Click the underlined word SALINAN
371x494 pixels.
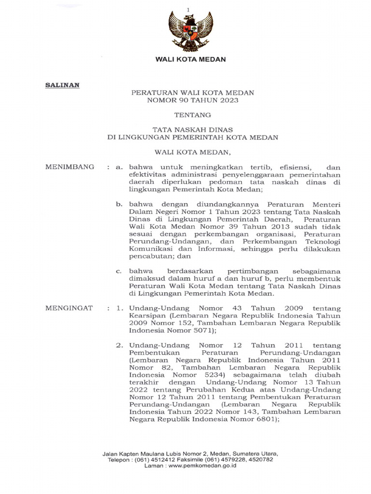[62, 85]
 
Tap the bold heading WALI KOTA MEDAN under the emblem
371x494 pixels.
[190, 59]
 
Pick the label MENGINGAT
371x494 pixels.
[69, 308]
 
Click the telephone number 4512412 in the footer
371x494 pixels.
[163, 460]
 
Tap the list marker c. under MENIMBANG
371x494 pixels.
[118, 271]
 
